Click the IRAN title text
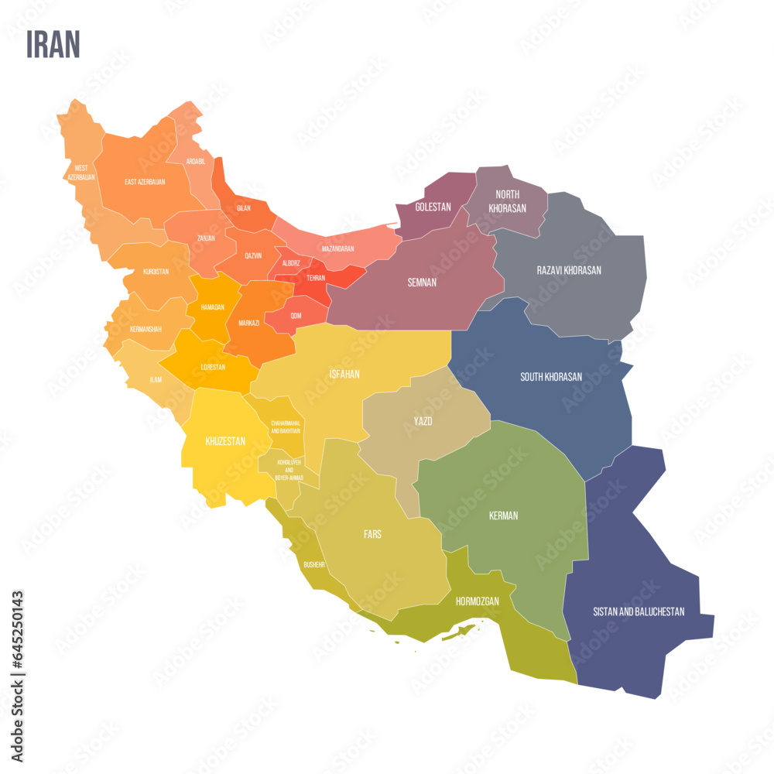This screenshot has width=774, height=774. [53, 45]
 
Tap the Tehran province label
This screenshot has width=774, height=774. [316, 278]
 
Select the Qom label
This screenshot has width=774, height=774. [296, 316]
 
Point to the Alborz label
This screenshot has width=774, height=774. [291, 263]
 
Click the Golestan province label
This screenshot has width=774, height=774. [433, 207]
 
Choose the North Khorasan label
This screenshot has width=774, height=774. [507, 201]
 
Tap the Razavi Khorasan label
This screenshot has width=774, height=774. [569, 270]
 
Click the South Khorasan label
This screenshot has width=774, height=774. [551, 377]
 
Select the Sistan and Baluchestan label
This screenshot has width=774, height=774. [639, 611]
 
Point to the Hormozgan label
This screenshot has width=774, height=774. [477, 601]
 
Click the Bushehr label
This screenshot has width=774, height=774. [314, 564]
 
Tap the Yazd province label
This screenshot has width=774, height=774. [423, 421]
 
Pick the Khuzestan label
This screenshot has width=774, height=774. [225, 441]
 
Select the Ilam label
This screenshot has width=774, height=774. [156, 380]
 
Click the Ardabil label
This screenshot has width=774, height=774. [196, 162]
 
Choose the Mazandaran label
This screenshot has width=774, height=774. [337, 249]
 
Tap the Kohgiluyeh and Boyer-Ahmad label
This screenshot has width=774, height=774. [288, 470]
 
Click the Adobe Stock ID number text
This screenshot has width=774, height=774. [18, 628]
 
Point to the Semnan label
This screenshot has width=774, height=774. [422, 283]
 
